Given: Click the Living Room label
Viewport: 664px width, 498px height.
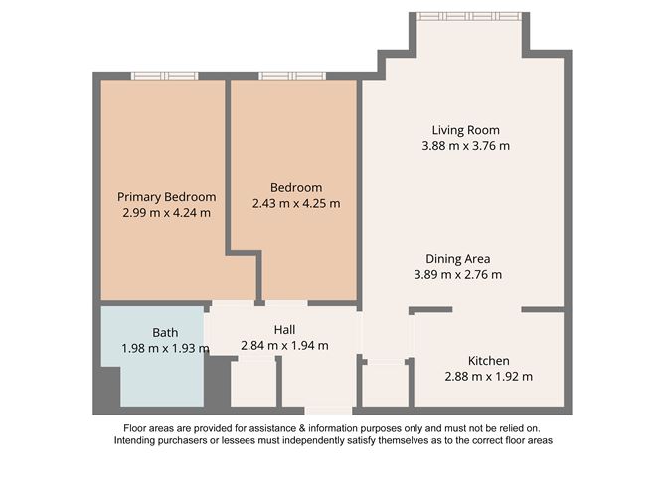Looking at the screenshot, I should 465,130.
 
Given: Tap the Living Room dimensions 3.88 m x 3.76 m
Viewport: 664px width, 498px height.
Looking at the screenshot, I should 465,146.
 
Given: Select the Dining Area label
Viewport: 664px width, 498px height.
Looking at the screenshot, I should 458,258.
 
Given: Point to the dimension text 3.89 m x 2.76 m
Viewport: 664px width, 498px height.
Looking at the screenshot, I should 458,275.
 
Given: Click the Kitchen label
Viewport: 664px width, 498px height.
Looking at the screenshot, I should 489,360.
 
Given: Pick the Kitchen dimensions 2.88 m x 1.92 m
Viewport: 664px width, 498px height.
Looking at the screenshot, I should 489,377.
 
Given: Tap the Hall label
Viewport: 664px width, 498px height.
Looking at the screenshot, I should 284,329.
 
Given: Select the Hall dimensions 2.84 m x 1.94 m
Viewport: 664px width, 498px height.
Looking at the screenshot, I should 284,346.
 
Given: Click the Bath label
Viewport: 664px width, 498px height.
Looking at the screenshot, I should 164,332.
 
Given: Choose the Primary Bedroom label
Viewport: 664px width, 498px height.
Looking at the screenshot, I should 166,196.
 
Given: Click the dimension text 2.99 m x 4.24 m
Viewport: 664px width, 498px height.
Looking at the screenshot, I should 166,213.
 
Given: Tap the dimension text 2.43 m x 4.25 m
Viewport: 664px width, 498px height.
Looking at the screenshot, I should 296,204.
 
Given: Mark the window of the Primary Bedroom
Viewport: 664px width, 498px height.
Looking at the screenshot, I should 165,76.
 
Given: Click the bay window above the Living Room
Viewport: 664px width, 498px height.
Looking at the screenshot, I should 468,16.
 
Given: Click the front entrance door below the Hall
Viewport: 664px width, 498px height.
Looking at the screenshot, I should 328,410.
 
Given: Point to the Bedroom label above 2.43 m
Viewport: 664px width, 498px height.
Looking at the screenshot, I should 296,187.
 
